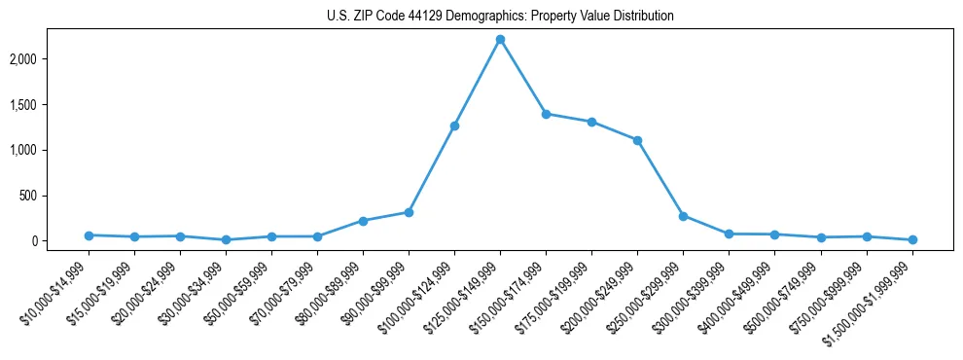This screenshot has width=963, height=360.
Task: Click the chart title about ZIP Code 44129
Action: [500, 16]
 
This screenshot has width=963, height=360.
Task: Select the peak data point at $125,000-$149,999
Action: [500, 40]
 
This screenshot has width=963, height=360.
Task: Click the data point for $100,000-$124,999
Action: [454, 126]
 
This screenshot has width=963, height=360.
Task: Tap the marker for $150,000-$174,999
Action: [546, 114]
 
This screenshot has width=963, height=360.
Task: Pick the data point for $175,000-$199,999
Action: [591, 122]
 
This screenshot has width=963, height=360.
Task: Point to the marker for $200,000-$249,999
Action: [637, 140]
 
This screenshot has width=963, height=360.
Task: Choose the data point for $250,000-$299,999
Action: [683, 216]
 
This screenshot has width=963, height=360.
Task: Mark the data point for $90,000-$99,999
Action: [409, 212]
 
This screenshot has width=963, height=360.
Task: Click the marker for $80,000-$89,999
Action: [363, 221]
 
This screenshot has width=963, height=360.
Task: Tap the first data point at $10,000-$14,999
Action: [89, 235]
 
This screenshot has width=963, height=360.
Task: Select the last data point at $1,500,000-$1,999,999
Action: [912, 239]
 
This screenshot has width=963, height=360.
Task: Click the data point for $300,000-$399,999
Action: [729, 234]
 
